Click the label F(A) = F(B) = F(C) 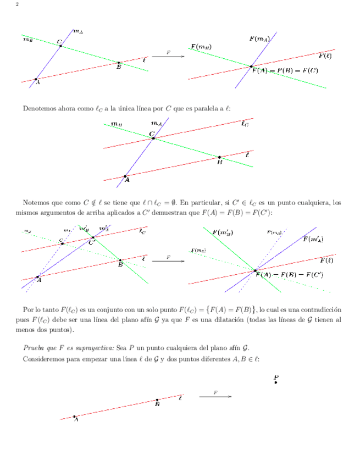pyautogui.click(x=285, y=70)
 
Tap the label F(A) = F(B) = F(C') pyautogui.click(x=289, y=274)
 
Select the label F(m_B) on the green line pyautogui.click(x=201, y=47)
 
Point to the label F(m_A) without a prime pyautogui.click(x=259, y=38)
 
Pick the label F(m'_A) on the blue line pyautogui.click(x=312, y=239)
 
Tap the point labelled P pyautogui.click(x=276, y=382)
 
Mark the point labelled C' pyautogui.click(x=92, y=237)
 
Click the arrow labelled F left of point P pyautogui.click(x=215, y=396)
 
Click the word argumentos pyautogui.click(x=63, y=212)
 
